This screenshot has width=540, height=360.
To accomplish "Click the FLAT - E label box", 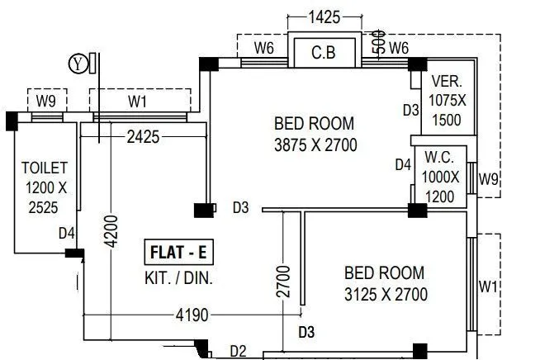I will point(179,250).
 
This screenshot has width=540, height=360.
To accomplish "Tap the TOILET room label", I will point(39,168).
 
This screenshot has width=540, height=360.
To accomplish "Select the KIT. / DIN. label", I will point(178,278).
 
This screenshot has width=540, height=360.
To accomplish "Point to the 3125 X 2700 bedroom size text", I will point(386,293).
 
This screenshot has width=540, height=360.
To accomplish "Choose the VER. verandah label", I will point(447,83).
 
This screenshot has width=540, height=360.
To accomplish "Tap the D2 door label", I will point(238,351).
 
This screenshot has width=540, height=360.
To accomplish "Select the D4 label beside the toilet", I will point(67,234).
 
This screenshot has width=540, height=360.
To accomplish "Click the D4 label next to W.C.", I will point(402,165).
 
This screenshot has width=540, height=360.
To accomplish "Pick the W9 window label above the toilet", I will point(46,103).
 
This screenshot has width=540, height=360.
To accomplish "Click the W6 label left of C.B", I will point(263,49).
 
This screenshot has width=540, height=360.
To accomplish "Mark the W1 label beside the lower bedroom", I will point(489,287).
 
